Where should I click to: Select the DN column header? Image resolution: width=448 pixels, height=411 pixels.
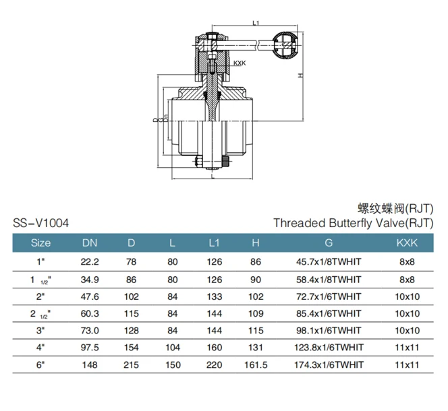pyautogui.click(x=90, y=243)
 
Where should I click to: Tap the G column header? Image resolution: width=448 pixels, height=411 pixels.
pyautogui.click(x=329, y=243)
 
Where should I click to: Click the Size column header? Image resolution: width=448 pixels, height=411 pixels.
pyautogui.click(x=41, y=243)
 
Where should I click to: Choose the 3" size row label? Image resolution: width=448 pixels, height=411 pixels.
pyautogui.click(x=41, y=331)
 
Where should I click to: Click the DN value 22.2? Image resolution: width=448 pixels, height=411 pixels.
pyautogui.click(x=90, y=261)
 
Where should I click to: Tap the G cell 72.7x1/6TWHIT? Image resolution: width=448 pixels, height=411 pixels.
pyautogui.click(x=329, y=296)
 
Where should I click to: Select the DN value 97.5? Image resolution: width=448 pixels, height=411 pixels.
pyautogui.click(x=90, y=348)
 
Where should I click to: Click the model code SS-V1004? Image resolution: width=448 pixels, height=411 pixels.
pyautogui.click(x=40, y=222)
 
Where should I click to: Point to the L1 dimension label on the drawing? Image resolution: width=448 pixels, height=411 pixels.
pyautogui.click(x=254, y=23)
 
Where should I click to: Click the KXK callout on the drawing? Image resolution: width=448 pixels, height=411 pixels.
pyautogui.click(x=240, y=64)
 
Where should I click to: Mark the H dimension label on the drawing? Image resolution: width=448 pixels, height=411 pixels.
pyautogui.click(x=299, y=76)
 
